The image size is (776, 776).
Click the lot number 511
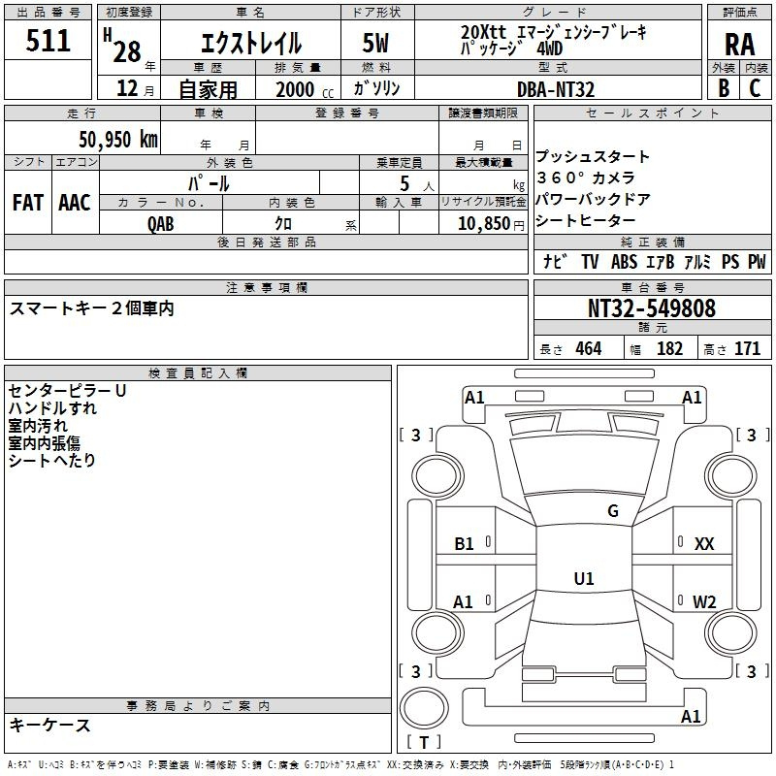(x=48, y=41)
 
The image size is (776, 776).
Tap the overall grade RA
(x=739, y=45)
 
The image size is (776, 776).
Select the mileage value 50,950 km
(x=118, y=139)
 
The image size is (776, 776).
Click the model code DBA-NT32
(x=556, y=89)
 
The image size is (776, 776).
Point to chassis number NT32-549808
(x=652, y=308)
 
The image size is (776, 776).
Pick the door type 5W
(x=375, y=43)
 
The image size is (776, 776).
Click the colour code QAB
(x=160, y=224)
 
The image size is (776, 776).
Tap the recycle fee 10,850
(x=484, y=223)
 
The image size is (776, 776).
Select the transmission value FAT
(x=28, y=202)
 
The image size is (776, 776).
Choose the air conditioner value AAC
(x=75, y=202)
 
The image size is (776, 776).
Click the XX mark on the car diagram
(x=704, y=544)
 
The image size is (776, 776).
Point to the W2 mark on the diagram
(x=704, y=601)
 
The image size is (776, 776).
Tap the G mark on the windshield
(x=613, y=511)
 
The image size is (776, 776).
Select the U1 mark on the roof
(x=584, y=578)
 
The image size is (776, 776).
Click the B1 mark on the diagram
(x=464, y=544)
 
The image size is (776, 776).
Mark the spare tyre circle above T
(x=424, y=708)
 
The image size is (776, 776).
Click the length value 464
(x=589, y=348)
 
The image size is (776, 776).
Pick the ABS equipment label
(x=624, y=261)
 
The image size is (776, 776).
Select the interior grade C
(x=755, y=88)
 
